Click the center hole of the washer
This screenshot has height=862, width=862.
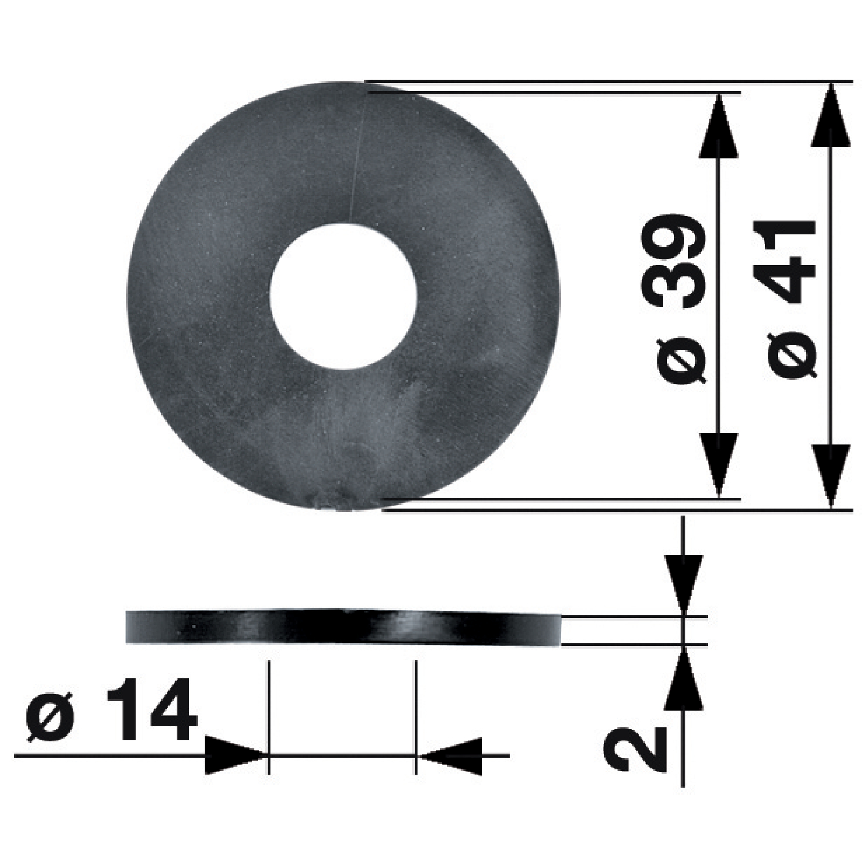[344, 297]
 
